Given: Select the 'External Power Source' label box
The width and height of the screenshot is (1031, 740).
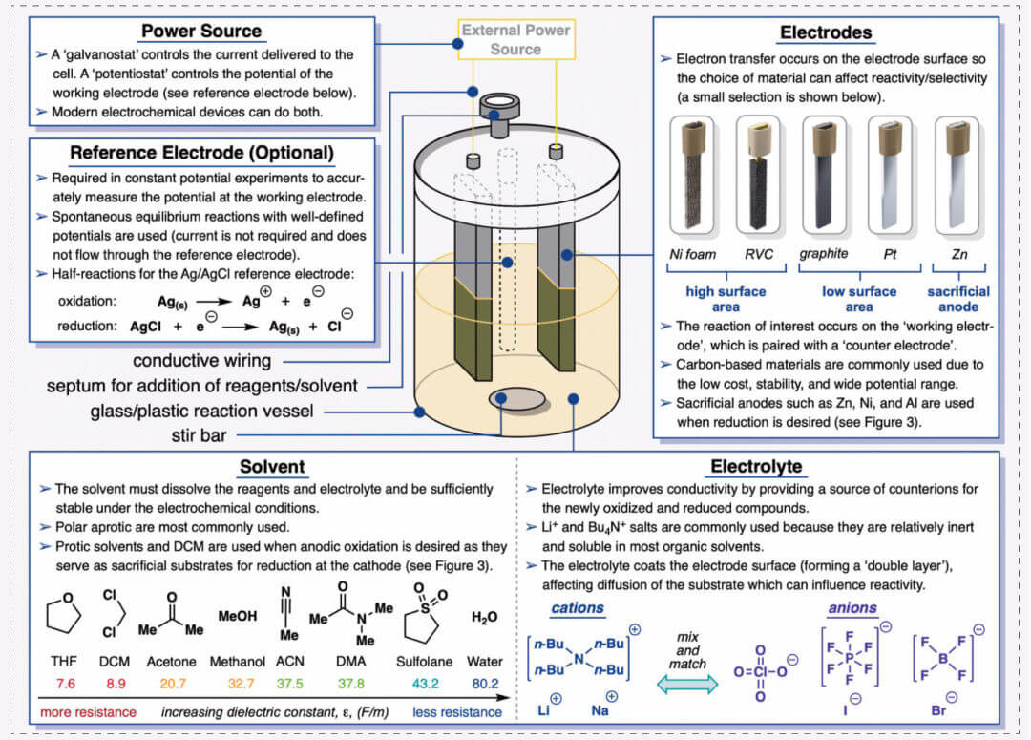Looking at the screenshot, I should [515, 39].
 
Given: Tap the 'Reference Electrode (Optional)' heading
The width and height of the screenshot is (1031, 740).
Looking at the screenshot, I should [201, 153].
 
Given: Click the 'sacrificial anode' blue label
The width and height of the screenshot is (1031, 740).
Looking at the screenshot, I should [957, 299].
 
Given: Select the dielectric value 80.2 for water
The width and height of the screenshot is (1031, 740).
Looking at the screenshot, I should [484, 684].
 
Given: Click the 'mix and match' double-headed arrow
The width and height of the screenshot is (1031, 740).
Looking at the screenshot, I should [687, 684].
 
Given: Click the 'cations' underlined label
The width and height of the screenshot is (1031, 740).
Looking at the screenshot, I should [578, 608].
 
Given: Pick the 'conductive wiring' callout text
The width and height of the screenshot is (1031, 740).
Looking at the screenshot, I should [201, 362].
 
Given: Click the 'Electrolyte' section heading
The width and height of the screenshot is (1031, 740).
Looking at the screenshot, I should [756, 467].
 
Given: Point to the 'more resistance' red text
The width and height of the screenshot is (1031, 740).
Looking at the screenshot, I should [87, 712].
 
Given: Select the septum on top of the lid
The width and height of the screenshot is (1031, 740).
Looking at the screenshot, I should [499, 104].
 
